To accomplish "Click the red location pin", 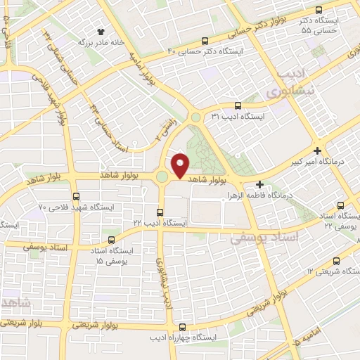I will pyautogui.click(x=180, y=165).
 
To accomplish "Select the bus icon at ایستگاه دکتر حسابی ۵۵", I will pyautogui.click(x=319, y=11).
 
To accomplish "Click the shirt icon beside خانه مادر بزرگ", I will pyautogui.click(x=101, y=32).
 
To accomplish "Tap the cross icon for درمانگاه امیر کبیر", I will pyautogui.click(x=318, y=150).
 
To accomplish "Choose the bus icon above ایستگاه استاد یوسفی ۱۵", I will pyautogui.click(x=113, y=238).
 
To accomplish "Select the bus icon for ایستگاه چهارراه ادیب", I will pyautogui.click(x=182, y=327).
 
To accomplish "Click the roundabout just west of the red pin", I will pyautogui.click(x=163, y=176).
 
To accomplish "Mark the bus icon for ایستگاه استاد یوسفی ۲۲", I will pyautogui.click(x=340, y=205).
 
